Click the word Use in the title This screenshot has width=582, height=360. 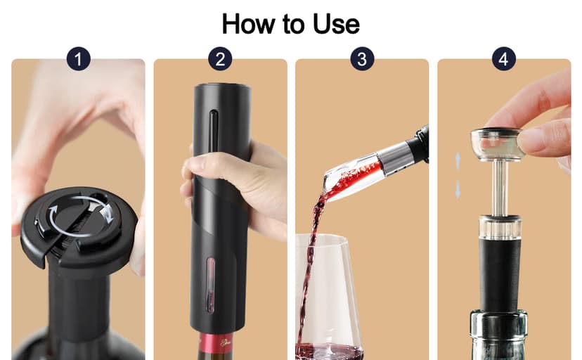click(336, 24)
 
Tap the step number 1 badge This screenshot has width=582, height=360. click(78, 59)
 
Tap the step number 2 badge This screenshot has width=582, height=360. click(220, 59)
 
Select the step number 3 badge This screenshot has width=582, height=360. click(362, 59)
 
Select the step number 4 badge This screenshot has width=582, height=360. click(503, 59)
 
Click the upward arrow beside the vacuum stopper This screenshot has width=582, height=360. click(458, 160)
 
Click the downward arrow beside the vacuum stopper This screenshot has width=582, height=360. click(458, 188)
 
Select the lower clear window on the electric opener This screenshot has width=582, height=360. click(209, 284)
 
